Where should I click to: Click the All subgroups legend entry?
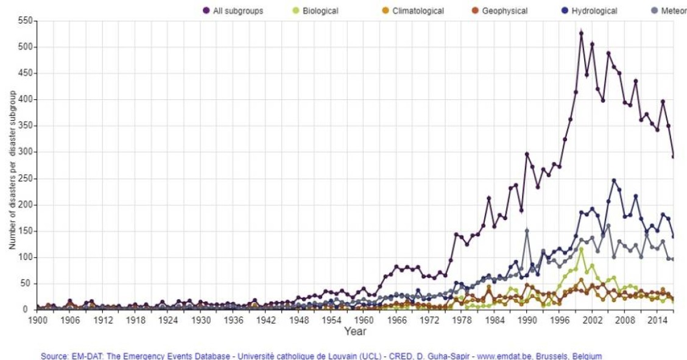pos(237,10)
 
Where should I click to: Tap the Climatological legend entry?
pos(418,10)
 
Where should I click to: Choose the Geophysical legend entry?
pos(504,10)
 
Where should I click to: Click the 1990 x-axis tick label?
pos(526,319)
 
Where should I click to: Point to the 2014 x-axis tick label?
pos(656,319)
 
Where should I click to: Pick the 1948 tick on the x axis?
pos(298,319)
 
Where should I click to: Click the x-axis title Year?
pos(355,331)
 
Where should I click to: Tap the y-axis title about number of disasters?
pos(12,171)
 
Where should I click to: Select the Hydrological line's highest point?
pos(614,180)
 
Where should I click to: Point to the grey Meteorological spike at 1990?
pos(527,231)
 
